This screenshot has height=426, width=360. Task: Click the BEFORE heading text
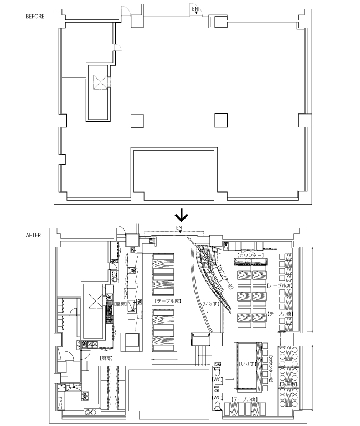coord(34,16)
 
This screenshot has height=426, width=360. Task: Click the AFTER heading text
coord(33,235)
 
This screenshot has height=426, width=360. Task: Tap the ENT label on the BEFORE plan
coord(196,9)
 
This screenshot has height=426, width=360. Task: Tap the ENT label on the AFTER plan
coord(180,227)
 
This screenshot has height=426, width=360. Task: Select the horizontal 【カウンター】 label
coord(251,256)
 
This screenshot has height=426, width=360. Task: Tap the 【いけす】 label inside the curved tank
coord(209,304)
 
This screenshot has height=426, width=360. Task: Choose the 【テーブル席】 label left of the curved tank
coord(167,302)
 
